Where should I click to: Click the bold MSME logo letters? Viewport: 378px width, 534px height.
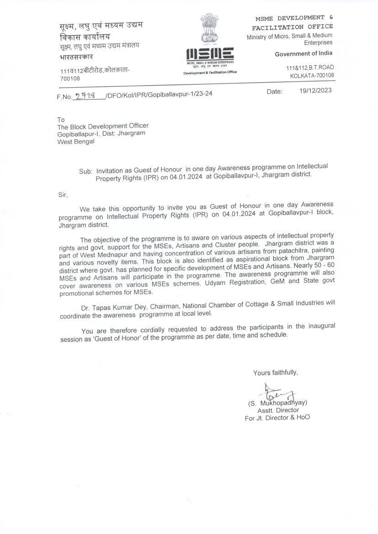pos(210,53)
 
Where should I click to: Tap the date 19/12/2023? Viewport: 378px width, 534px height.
pos(315,90)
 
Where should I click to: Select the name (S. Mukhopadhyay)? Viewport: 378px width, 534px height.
pos(277,403)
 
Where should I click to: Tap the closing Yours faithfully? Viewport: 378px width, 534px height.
pos(275,373)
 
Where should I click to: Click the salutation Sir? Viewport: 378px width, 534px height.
pos(62,195)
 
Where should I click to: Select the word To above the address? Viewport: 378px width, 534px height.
pos(61,120)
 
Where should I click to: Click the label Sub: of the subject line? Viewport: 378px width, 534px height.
pos(85,171)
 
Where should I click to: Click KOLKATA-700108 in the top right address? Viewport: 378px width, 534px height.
pos(312,75)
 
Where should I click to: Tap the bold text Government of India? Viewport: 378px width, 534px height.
pos(304,54)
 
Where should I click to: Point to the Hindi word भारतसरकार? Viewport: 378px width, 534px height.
pos(76,57)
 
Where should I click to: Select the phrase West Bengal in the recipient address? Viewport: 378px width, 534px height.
pos(76,142)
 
